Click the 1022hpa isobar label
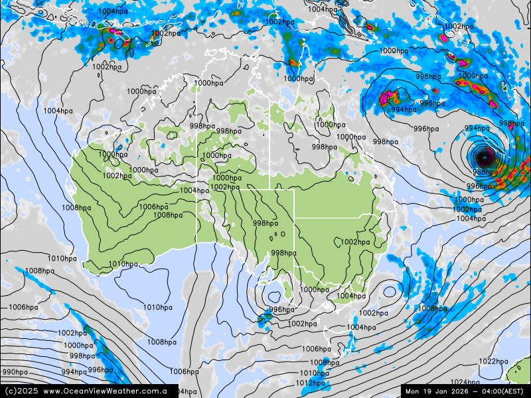tap(493, 362)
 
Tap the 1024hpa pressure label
tap(465, 383)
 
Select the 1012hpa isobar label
tap(310, 383)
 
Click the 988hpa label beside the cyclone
tap(485, 172)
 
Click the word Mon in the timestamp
tap(414, 391)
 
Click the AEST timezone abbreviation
tap(516, 391)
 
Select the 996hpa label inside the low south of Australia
tap(281, 310)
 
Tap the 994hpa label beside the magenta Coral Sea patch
tap(404, 110)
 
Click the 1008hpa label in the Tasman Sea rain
tap(431, 308)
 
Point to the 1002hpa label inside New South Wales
tap(355, 242)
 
